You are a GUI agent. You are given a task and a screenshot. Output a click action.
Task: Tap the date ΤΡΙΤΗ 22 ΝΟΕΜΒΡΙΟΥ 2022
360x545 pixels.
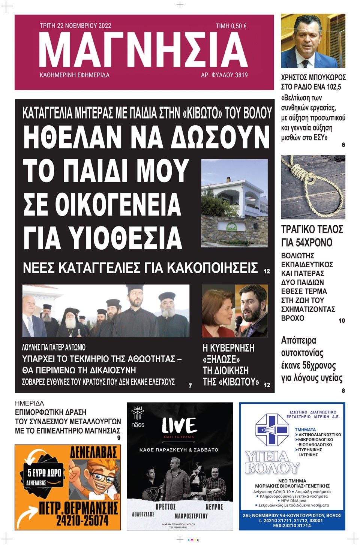(x=75, y=25)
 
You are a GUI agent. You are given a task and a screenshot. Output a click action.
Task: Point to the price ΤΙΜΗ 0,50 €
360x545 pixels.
(x=231, y=26)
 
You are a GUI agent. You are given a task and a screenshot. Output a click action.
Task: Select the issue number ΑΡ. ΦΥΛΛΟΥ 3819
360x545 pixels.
(x=224, y=75)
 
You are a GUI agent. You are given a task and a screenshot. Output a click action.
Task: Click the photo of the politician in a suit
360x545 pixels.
(x=313, y=41)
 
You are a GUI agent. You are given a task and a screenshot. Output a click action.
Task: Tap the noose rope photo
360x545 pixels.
(x=313, y=187)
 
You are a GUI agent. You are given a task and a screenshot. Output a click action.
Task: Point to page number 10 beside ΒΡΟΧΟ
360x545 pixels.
(x=342, y=320)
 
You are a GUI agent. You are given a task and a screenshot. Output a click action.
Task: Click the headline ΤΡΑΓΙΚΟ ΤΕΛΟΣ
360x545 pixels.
(x=312, y=229)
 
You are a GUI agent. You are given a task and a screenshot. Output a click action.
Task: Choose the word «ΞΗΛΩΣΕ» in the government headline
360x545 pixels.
(x=221, y=359)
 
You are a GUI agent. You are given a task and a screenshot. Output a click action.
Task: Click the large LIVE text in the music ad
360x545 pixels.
(x=179, y=425)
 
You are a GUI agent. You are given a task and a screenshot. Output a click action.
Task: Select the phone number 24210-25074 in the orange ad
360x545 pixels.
(x=82, y=520)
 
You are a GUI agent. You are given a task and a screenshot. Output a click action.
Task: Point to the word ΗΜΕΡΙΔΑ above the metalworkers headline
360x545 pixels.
(x=29, y=403)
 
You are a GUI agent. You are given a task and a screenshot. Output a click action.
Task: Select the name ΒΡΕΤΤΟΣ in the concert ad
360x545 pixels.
(x=165, y=506)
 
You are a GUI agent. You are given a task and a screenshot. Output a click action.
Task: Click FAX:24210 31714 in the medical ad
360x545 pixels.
(x=292, y=526)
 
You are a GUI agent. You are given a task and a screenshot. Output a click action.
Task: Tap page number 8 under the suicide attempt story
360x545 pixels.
(x=343, y=391)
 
